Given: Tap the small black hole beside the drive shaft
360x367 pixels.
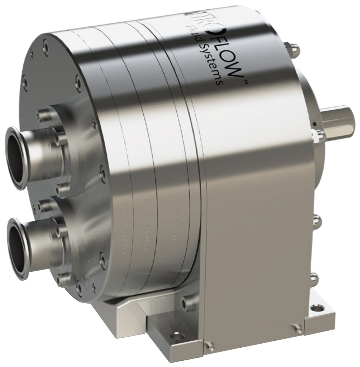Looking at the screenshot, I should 314,125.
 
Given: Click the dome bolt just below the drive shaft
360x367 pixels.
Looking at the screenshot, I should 318,136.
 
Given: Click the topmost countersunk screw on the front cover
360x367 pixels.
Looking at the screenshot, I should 45,47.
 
